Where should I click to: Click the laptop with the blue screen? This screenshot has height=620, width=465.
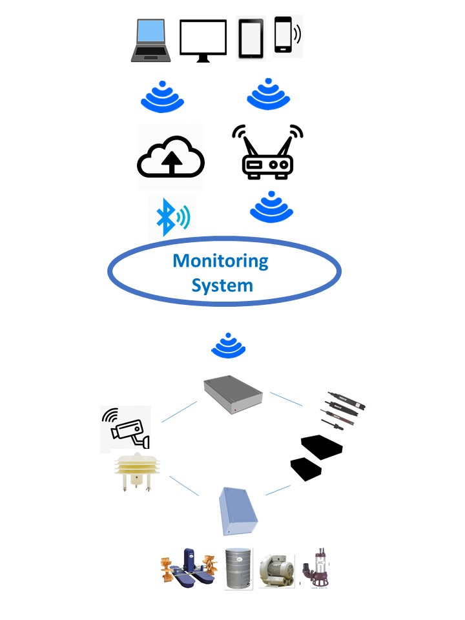pos(151,40)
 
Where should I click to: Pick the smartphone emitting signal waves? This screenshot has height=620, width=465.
pos(284,35)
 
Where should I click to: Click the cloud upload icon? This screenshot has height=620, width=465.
pos(170,158)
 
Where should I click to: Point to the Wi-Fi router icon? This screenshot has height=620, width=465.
pos(267,154)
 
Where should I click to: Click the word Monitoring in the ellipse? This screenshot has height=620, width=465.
pos(220,261)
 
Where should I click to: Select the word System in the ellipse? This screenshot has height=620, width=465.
pos(222,285)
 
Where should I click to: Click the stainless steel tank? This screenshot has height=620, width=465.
pos(238,568)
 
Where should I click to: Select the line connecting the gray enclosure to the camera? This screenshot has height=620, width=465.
pos(179,412)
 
